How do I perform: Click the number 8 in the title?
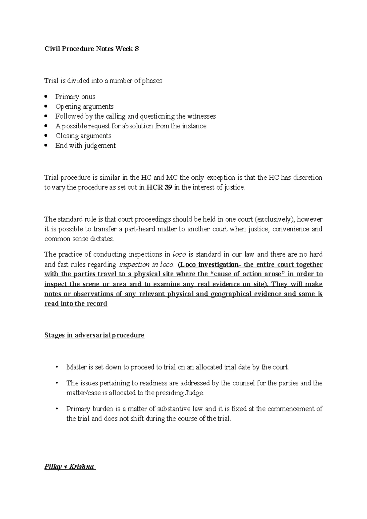click(137, 49)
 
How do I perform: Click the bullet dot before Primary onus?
click(46, 97)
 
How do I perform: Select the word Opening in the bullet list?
click(66, 107)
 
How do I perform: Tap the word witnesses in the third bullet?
click(201, 116)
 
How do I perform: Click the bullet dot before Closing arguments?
click(46, 136)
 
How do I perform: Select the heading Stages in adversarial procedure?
click(94, 335)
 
